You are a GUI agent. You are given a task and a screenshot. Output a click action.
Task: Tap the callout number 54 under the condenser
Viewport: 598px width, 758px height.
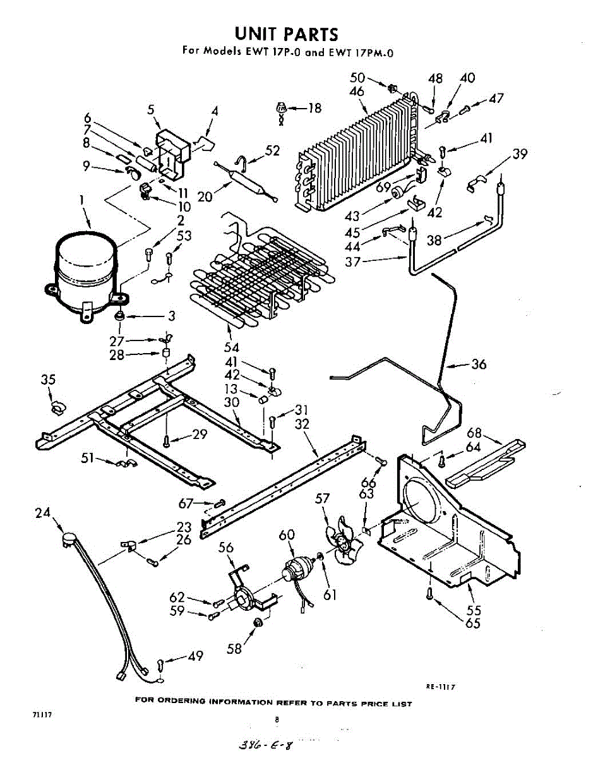click(x=232, y=347)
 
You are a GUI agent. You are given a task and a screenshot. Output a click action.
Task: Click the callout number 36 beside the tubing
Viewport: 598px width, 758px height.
click(x=479, y=364)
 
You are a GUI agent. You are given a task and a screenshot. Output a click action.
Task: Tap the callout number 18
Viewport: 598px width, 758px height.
click(x=314, y=108)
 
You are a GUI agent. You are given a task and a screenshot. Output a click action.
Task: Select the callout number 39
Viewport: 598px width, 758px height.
click(x=520, y=153)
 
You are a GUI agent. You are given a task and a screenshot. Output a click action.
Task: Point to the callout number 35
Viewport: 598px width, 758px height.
click(x=48, y=380)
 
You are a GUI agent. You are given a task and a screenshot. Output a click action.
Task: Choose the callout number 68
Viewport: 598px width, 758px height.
click(x=474, y=433)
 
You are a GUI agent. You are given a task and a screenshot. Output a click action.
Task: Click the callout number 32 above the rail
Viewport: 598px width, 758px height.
click(x=302, y=424)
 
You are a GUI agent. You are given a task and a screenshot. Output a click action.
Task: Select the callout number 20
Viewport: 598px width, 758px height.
click(x=205, y=196)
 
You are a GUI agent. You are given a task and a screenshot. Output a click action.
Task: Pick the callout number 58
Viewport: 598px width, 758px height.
click(x=234, y=649)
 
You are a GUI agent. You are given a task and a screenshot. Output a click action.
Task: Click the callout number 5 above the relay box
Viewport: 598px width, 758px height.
click(x=151, y=109)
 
